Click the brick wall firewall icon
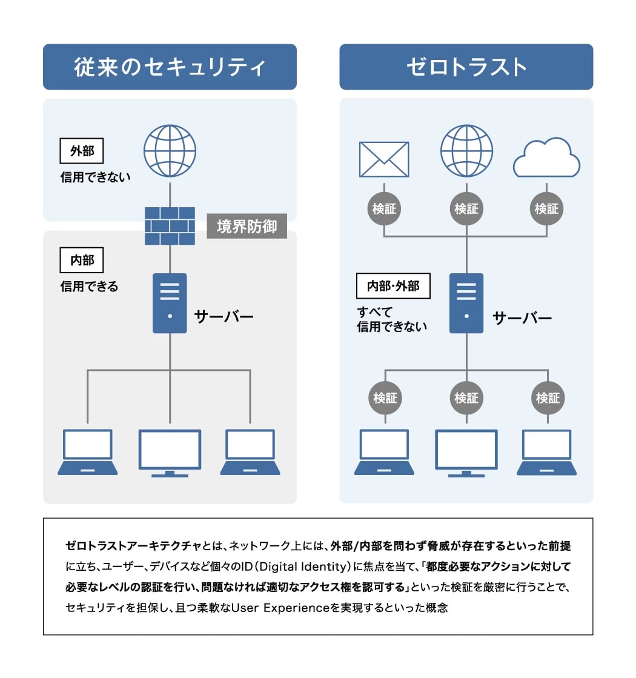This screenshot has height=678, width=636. point(170,225)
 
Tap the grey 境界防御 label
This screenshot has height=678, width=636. point(247,226)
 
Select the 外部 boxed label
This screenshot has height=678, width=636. point(82,151)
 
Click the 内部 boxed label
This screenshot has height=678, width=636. point(82,260)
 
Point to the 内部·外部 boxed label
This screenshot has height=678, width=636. point(393,285)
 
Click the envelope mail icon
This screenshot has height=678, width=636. point(384,159)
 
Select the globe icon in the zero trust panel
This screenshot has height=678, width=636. point(466,151)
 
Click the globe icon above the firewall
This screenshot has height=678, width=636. point(170,151)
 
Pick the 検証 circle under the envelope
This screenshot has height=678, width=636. point(384,208)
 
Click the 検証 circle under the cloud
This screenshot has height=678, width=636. point(546,208)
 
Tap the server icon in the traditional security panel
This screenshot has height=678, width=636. point(170,303)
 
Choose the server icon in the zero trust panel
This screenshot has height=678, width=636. point(466,303)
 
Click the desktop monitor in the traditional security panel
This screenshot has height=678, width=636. point(170,452)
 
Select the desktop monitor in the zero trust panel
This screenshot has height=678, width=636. point(466,452)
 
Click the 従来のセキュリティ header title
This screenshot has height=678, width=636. point(170,67)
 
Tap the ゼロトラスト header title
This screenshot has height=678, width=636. point(466,67)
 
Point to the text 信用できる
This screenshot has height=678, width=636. point(89,286)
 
